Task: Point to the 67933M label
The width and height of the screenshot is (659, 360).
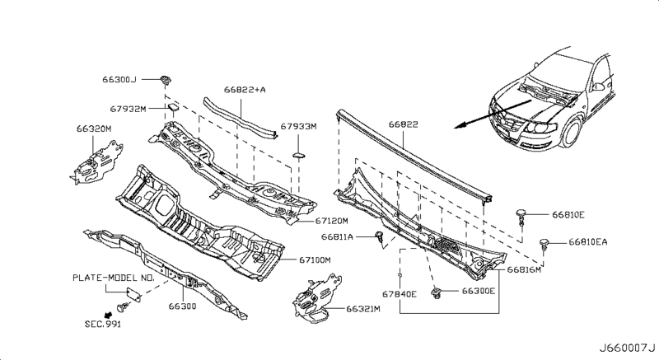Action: (299, 128)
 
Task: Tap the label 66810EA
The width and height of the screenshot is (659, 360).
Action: (589, 242)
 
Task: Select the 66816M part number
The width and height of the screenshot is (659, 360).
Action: (525, 269)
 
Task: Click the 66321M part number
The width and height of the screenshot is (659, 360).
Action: (362, 309)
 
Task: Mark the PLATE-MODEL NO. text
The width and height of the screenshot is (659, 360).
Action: (115, 278)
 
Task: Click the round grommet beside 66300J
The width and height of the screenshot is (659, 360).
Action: (166, 79)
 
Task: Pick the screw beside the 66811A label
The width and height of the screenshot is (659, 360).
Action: (379, 238)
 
